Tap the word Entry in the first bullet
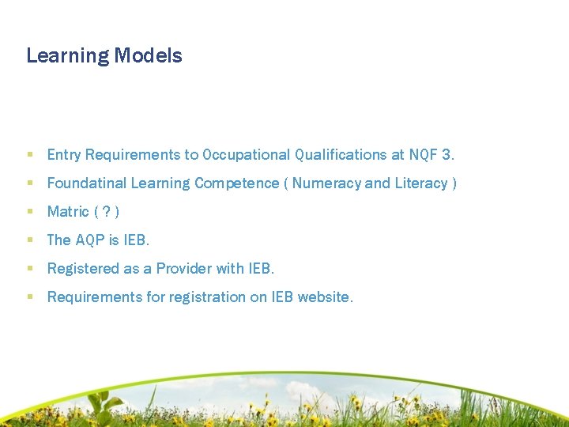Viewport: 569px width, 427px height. pos(64,155)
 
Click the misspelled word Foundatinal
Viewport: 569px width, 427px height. pos(87,183)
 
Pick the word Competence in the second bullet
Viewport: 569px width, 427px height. pos(237,183)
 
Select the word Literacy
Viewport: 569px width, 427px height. pos(421,183)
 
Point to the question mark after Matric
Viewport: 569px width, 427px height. pos(107,212)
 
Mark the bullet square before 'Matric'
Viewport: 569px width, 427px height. pos(30,212)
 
